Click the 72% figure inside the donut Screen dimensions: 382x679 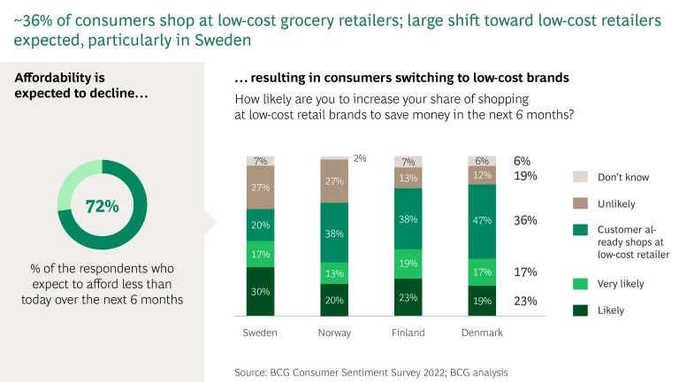pos(102,206)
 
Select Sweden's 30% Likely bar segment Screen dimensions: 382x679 pos(261,291)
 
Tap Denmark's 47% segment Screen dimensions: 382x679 pos(482,220)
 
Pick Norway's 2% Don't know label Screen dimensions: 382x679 pos(360,158)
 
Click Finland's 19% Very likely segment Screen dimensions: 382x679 pos(408,264)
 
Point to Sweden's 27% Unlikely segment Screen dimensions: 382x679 pos(261,187)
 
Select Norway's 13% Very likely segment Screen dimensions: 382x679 pos(334,273)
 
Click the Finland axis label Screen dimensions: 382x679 pos(408,332)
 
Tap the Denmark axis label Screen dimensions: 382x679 pos(482,332)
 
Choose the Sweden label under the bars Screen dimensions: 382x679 pos(261,332)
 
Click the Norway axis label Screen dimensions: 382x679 pos(334,332)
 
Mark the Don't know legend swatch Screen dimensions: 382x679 pos(579,177)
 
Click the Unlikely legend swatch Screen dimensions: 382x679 pos(579,203)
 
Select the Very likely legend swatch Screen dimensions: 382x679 pos(579,284)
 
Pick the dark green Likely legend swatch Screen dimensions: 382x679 pos(579,310)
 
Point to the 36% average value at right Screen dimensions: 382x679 pos(525,220)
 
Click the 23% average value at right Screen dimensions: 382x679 pos(525,301)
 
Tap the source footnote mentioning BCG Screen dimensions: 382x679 pos(371,372)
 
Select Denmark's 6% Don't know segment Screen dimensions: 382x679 pos(482,161)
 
